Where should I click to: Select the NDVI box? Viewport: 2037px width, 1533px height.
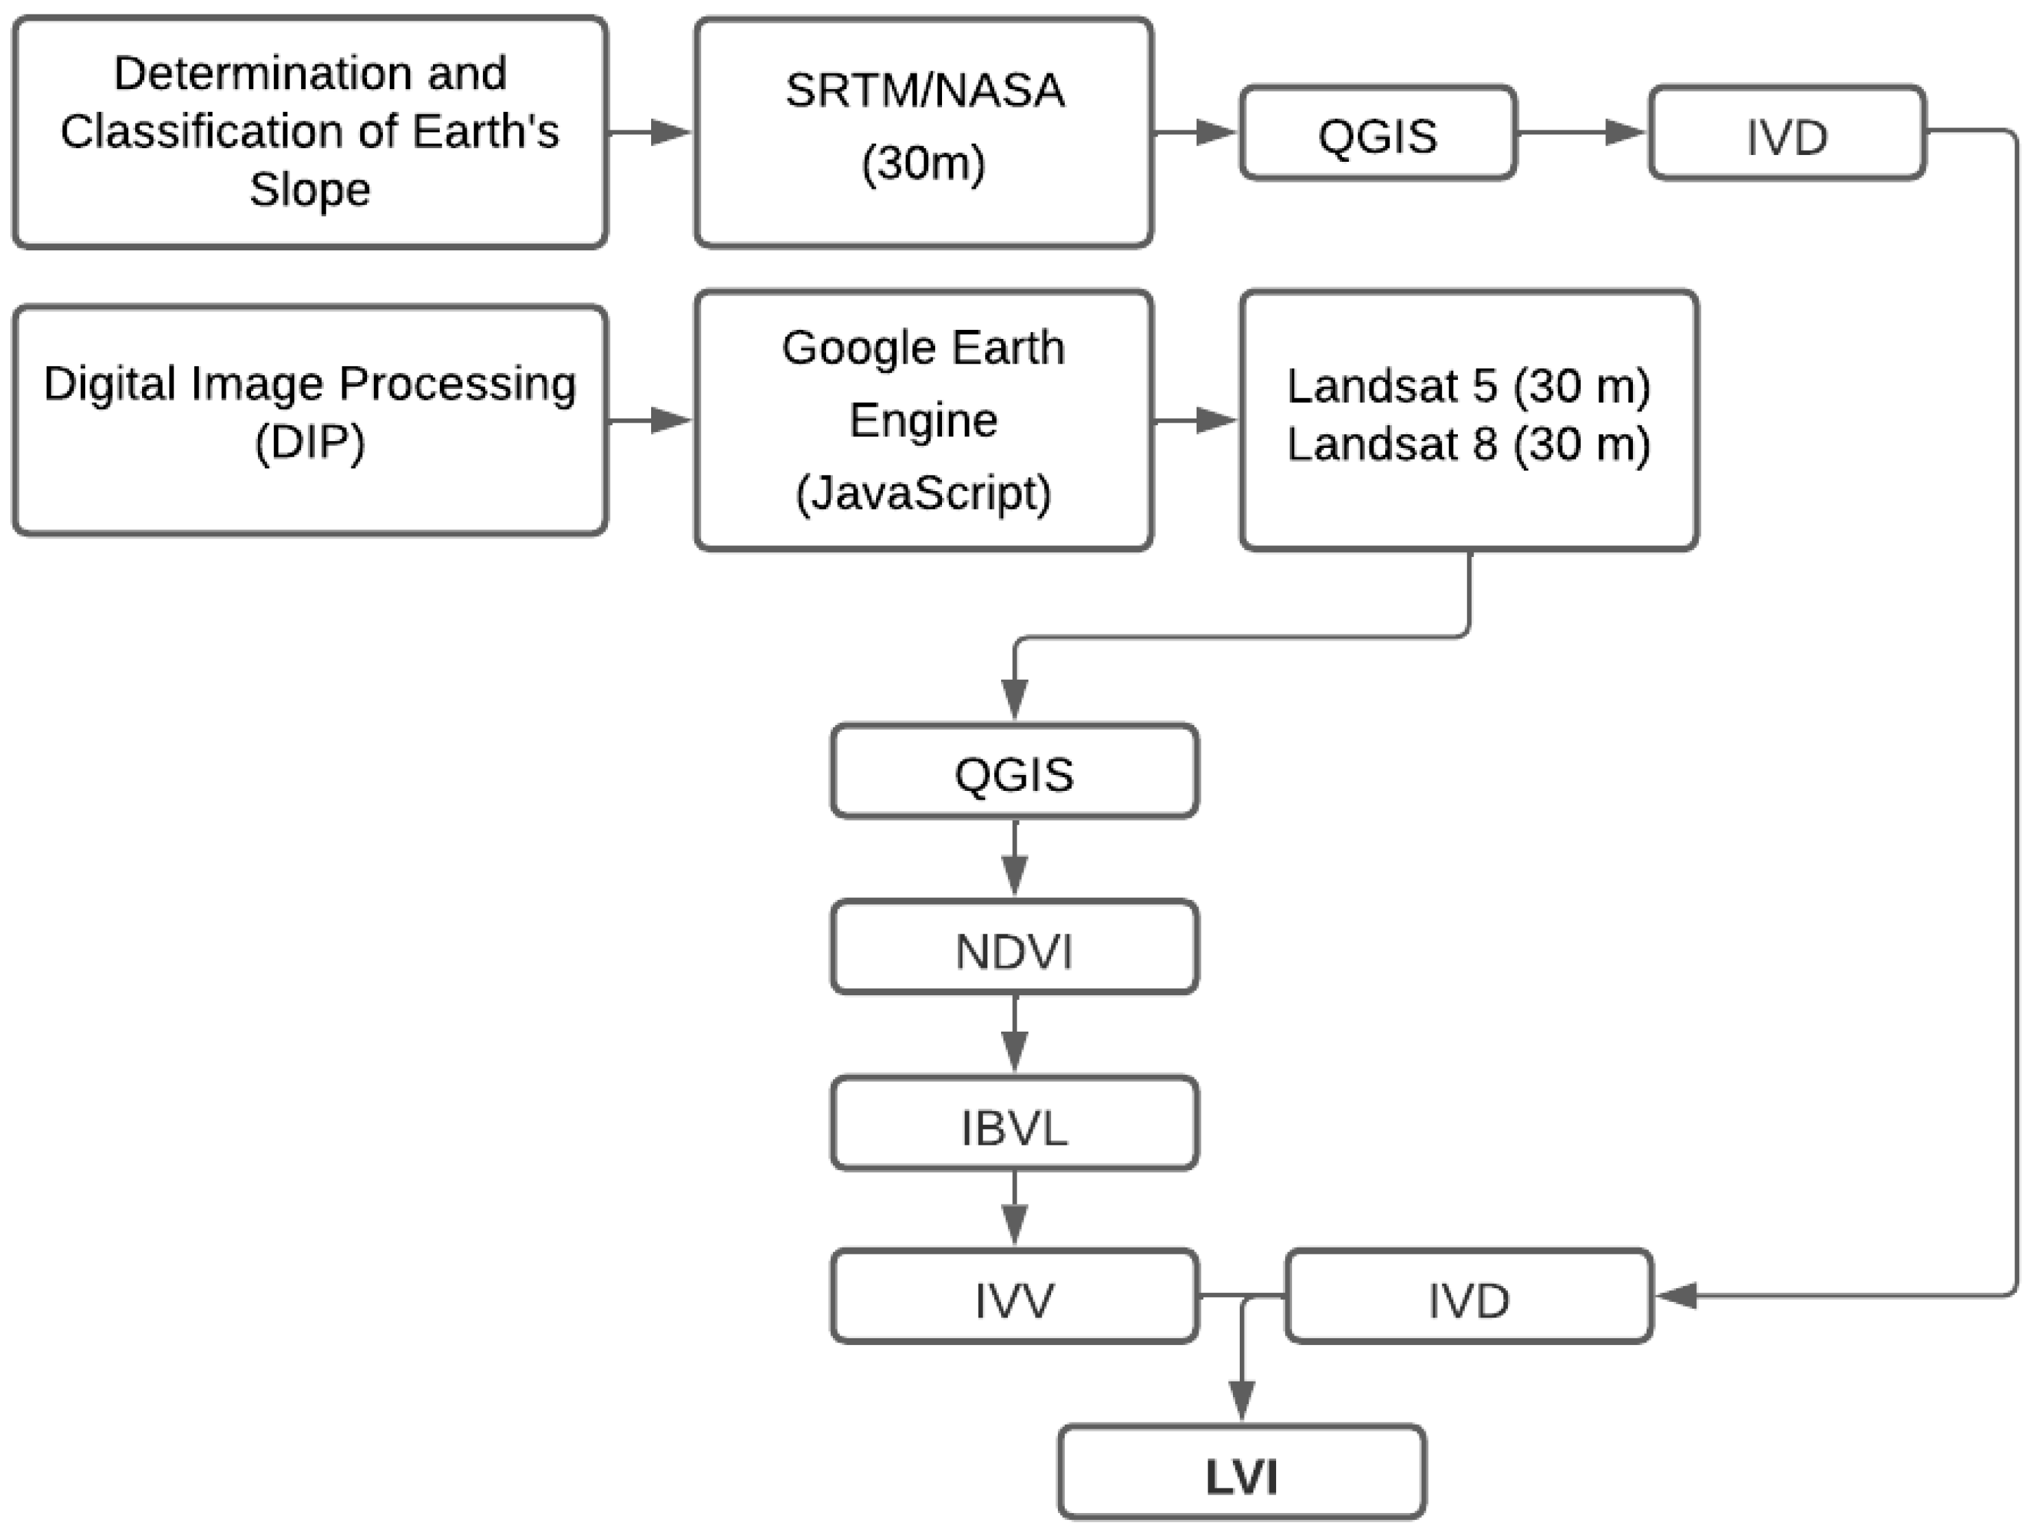[1014, 949]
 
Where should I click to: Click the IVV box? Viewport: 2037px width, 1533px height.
[1014, 1299]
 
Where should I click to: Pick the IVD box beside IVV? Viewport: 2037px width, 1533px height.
[1468, 1299]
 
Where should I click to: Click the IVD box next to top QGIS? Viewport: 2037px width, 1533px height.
[1786, 134]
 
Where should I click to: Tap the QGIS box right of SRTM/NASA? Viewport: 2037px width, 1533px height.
[1377, 134]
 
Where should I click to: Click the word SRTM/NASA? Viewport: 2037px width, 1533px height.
[923, 91]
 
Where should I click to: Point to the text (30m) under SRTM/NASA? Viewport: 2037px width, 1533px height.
[923, 163]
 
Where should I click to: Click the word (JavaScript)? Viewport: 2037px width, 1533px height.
[923, 493]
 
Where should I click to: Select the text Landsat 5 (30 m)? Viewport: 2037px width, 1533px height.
[1468, 385]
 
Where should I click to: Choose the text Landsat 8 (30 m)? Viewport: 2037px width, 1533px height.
[1468, 444]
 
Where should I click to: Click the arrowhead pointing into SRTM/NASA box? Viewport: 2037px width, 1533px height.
[670, 132]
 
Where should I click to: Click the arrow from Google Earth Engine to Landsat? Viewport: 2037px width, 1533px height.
[1195, 420]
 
